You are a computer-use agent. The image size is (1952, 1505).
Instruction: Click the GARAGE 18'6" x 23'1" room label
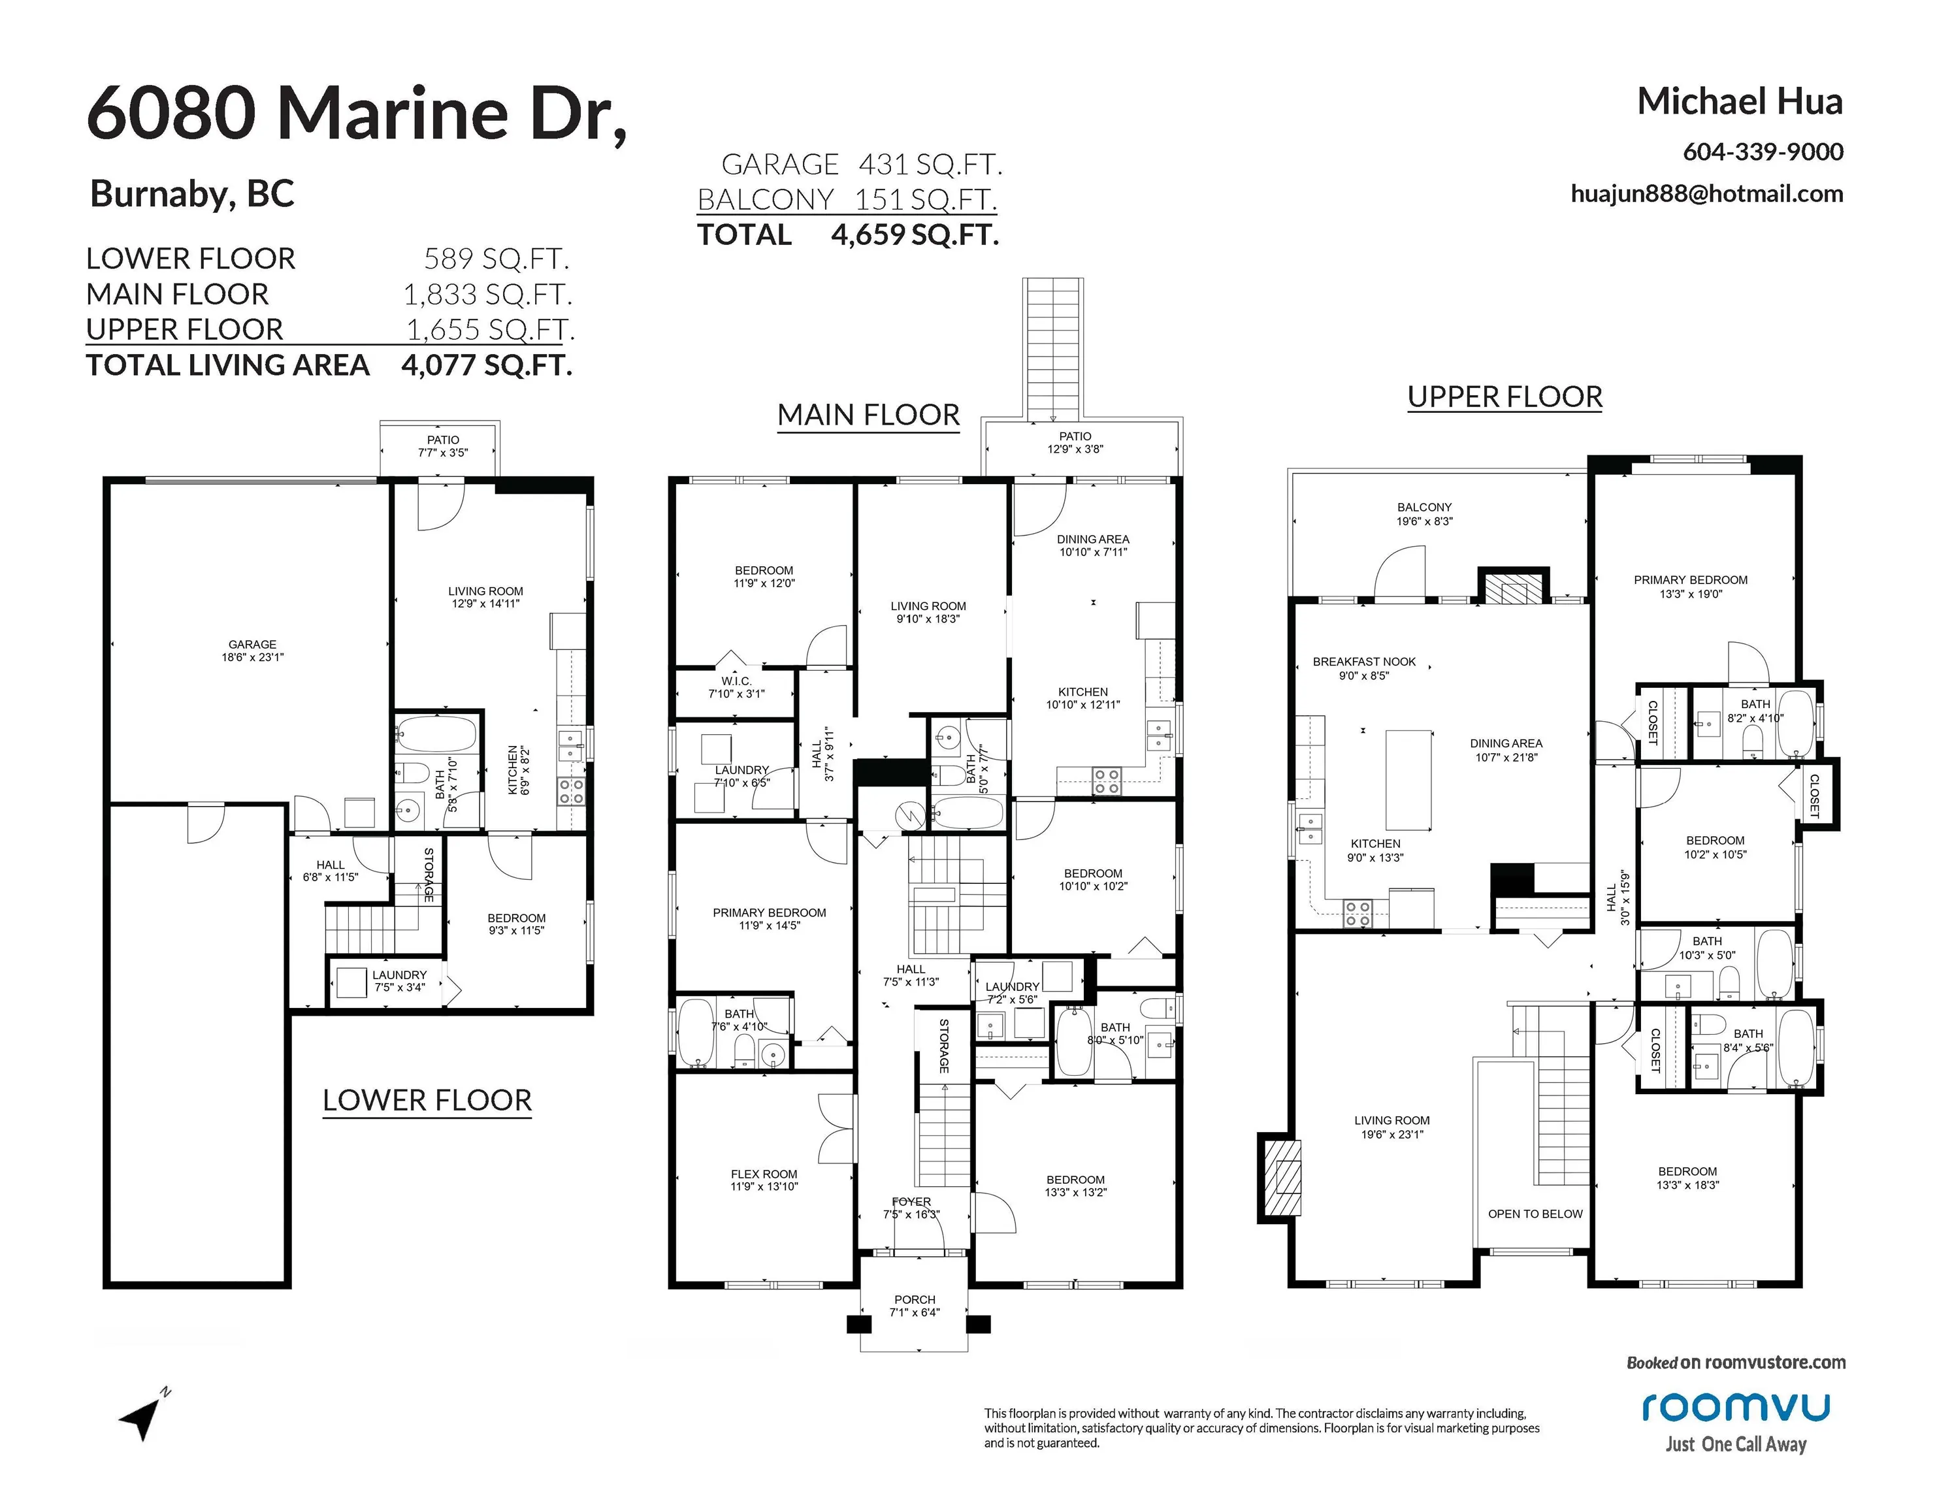252,650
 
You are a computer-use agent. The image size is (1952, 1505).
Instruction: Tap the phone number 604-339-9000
1763,152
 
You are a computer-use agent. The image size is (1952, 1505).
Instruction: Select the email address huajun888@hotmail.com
1706,194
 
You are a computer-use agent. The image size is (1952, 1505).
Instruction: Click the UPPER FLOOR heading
1505,396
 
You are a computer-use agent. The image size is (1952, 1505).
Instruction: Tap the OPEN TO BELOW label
1535,1214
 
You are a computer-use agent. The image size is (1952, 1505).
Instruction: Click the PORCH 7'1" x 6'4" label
915,1306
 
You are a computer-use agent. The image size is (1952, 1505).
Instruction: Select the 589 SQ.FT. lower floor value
496,259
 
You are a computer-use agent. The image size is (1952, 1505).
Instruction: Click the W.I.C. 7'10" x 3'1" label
736,687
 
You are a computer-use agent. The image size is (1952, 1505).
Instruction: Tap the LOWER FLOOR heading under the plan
427,1100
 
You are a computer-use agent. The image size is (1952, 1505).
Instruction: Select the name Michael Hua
1739,102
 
